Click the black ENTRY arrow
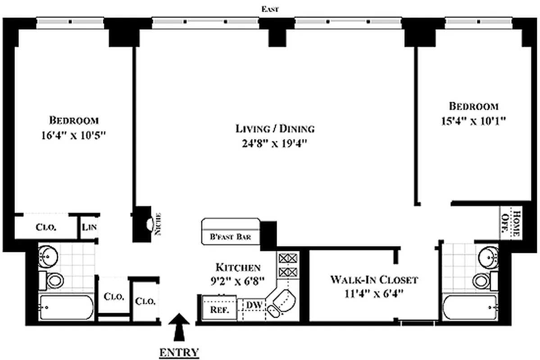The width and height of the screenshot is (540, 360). click(179, 327)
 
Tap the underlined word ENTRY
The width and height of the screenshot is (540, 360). click(179, 352)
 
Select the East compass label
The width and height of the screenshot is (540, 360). click(270, 9)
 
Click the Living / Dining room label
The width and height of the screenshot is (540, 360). click(275, 129)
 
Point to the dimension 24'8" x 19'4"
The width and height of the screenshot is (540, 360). click(274, 143)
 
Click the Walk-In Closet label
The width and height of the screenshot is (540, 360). click(374, 279)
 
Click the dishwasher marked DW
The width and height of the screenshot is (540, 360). click(254, 305)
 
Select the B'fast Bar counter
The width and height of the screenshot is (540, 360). click(231, 231)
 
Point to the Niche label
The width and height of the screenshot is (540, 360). click(159, 225)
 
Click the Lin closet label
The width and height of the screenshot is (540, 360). click(89, 228)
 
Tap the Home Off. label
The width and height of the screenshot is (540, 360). click(511, 223)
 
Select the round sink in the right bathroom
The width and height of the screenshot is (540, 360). click(489, 256)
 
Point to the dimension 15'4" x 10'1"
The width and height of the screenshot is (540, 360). click(474, 121)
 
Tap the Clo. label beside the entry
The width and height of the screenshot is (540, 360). click(145, 301)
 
